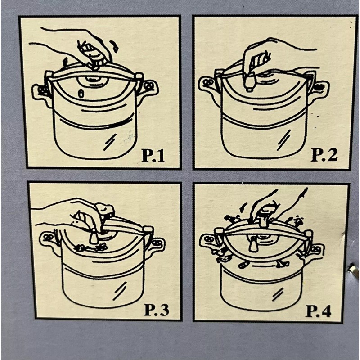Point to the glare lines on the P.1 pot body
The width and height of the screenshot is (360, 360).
pos(110,143)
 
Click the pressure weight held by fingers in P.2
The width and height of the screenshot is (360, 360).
pos(249,81)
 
